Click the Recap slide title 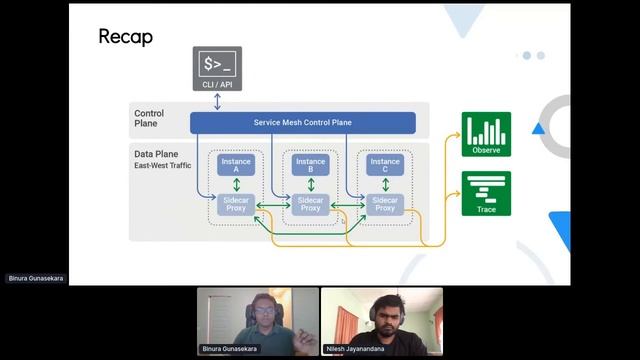[x=126, y=37]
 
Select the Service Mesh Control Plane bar [x=302, y=122]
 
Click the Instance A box [x=237, y=166]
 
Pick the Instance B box [x=310, y=166]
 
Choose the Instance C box [x=384, y=166]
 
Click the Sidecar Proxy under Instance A [x=237, y=204]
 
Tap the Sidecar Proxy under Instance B [x=310, y=204]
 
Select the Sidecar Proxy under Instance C [x=384, y=204]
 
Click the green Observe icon [x=486, y=134]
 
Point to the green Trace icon [x=486, y=193]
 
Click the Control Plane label [x=149, y=119]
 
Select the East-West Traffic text [x=162, y=165]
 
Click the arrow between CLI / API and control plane [x=217, y=101]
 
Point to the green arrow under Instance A [x=237, y=186]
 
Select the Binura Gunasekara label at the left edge [x=36, y=278]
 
